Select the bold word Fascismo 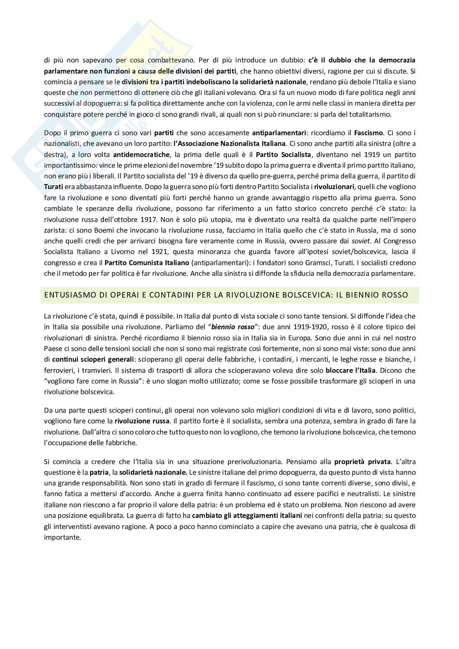(x=369, y=133)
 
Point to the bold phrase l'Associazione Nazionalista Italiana (x=229, y=143)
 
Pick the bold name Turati (x=53, y=187)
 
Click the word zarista (x=55, y=230)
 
